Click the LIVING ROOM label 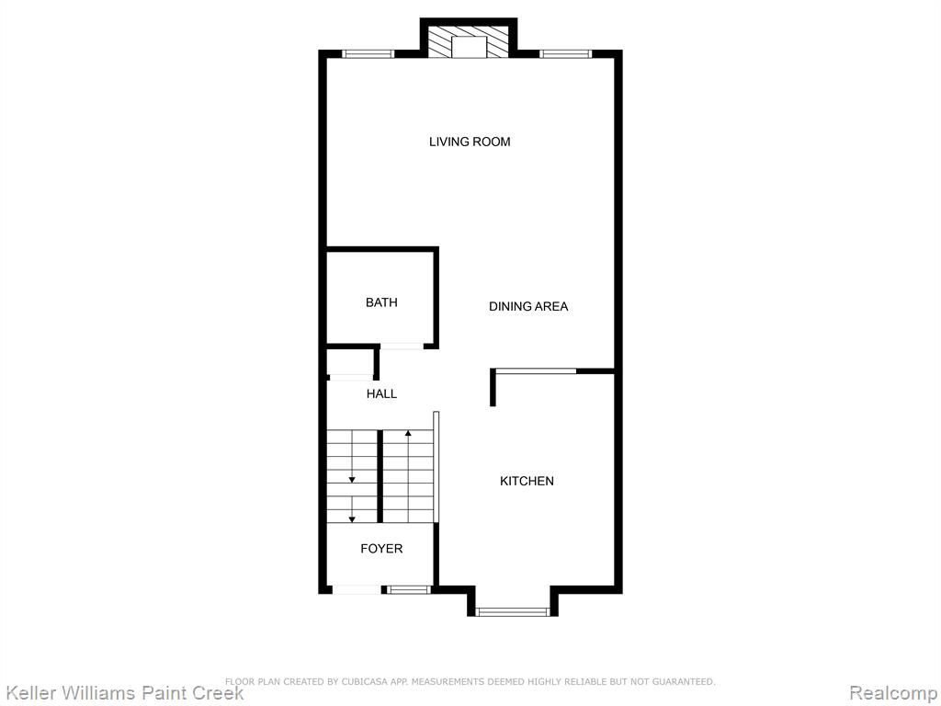coord(470,142)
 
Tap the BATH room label coord(381,302)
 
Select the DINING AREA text coord(528,306)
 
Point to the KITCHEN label coord(527,481)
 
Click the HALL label coord(381,393)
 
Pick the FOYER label coord(381,549)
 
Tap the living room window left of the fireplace coord(368,54)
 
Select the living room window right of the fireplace coord(565,54)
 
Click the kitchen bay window coord(513,611)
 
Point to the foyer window coord(409,590)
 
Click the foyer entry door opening coord(357,590)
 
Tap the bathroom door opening coord(402,346)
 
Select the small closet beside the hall coord(350,363)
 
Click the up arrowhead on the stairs coord(408,433)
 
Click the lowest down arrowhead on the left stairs coord(352,518)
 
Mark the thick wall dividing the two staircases coord(380,476)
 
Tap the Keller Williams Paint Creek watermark coord(125,692)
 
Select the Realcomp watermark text coord(894,693)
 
